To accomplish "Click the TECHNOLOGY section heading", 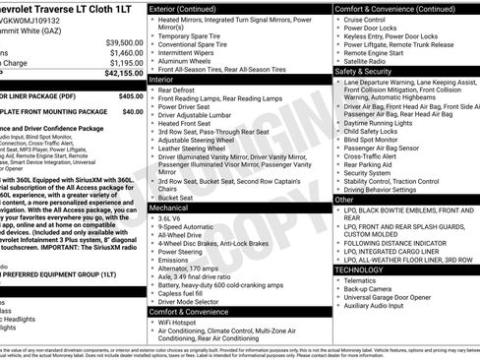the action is [x=359, y=269].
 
